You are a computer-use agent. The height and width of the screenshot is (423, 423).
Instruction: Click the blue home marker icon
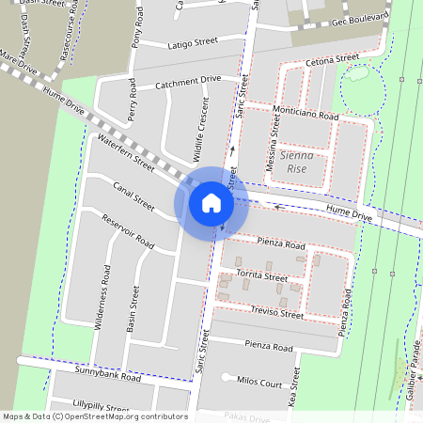click(x=211, y=202)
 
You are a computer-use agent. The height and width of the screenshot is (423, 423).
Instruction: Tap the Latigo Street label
click(x=193, y=43)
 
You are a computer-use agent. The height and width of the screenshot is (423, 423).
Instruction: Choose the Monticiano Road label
click(x=304, y=114)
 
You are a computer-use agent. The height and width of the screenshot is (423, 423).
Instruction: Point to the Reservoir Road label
click(x=128, y=229)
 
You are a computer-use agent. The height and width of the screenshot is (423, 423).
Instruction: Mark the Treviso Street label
click(x=277, y=313)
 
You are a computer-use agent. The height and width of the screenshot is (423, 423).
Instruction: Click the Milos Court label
click(x=259, y=384)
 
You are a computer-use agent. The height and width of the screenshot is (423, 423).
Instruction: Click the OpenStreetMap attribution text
click(x=94, y=415)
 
